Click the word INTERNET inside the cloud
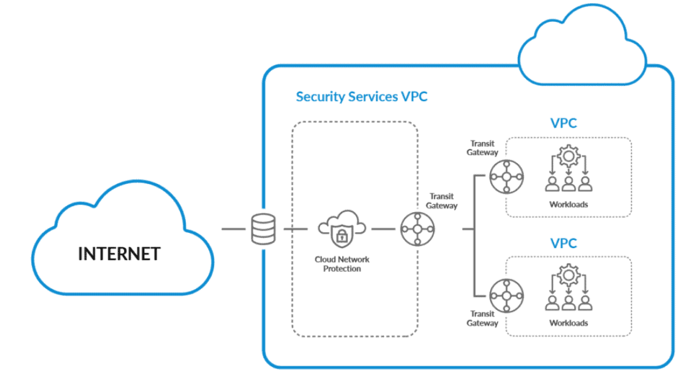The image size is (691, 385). click(119, 254)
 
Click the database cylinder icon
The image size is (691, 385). click(263, 229)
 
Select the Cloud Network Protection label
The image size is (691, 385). click(342, 264)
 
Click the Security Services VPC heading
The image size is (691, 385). click(362, 97)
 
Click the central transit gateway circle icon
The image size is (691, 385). click(417, 229)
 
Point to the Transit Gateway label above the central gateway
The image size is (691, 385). click(442, 201)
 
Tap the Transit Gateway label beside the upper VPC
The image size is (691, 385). click(482, 148)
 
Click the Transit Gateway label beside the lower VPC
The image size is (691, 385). click(482, 318)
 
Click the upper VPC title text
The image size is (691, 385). click(563, 123)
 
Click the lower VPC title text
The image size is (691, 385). click(563, 243)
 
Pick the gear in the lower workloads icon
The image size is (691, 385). click(569, 273)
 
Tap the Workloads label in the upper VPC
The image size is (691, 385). click(569, 204)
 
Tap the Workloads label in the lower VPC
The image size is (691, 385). click(569, 323)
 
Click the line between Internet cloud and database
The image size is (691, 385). click(232, 229)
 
